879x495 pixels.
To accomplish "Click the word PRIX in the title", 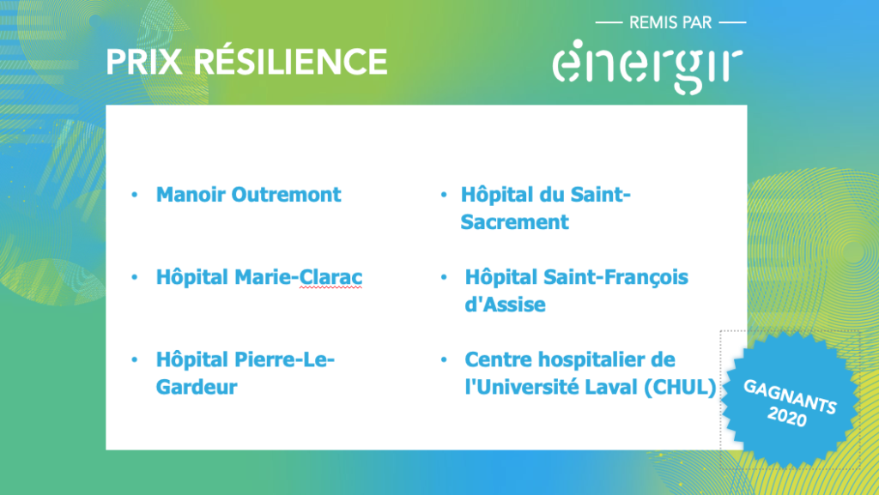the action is tap(144, 62).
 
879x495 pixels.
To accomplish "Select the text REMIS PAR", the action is tap(670, 23).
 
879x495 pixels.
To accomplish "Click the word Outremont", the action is tap(287, 195).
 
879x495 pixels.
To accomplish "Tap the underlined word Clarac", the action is tap(330, 277).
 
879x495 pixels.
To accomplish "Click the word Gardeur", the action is tap(197, 387).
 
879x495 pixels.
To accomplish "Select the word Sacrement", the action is tap(515, 222).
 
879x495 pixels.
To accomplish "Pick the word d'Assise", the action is tap(505, 305).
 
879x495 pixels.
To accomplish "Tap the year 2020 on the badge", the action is tap(787, 417).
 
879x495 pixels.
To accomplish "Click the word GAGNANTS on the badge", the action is tap(791, 395).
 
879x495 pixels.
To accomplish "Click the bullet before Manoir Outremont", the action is tap(135, 195).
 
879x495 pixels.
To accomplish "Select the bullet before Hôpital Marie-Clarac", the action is tap(135, 277).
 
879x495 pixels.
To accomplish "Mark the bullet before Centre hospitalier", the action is tap(444, 359).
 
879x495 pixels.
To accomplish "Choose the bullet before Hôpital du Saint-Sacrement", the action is tap(444, 195).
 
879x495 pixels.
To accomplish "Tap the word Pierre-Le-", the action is tap(284, 359).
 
